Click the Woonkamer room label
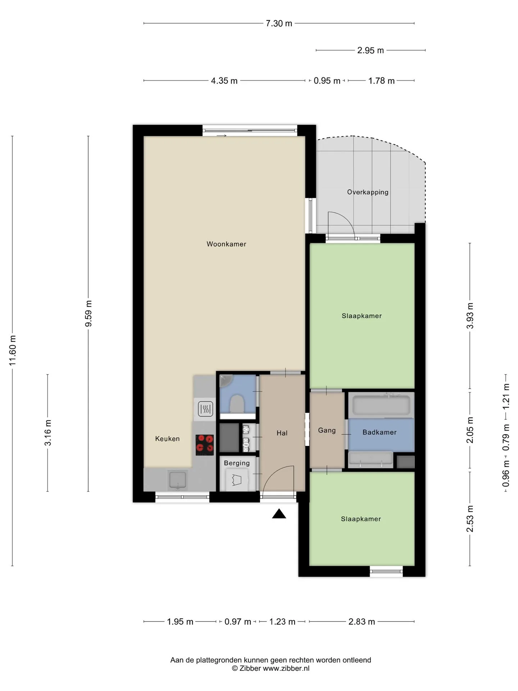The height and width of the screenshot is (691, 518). point(226,244)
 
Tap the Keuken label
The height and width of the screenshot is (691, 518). point(167,439)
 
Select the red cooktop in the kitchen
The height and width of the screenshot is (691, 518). point(205,445)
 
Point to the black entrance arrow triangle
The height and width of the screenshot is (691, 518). point(279,514)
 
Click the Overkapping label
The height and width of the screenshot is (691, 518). point(368,192)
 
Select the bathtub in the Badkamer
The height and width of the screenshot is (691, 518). point(381,406)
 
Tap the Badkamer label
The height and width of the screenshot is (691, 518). point(380,433)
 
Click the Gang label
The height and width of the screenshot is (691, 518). point(327,430)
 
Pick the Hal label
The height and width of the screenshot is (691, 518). point(282,433)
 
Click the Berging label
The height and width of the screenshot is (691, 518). point(237,463)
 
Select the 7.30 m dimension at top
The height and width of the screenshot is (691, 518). point(279,23)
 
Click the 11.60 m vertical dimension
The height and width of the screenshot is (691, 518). point(13,350)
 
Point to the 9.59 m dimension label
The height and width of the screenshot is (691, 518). point(88,313)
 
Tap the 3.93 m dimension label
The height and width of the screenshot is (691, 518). point(470,316)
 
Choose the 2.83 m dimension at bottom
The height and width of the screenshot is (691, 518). point(362,622)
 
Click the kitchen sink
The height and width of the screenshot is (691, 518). point(178,480)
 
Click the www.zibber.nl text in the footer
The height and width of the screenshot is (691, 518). point(286,668)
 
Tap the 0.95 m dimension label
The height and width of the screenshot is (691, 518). point(327,81)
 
